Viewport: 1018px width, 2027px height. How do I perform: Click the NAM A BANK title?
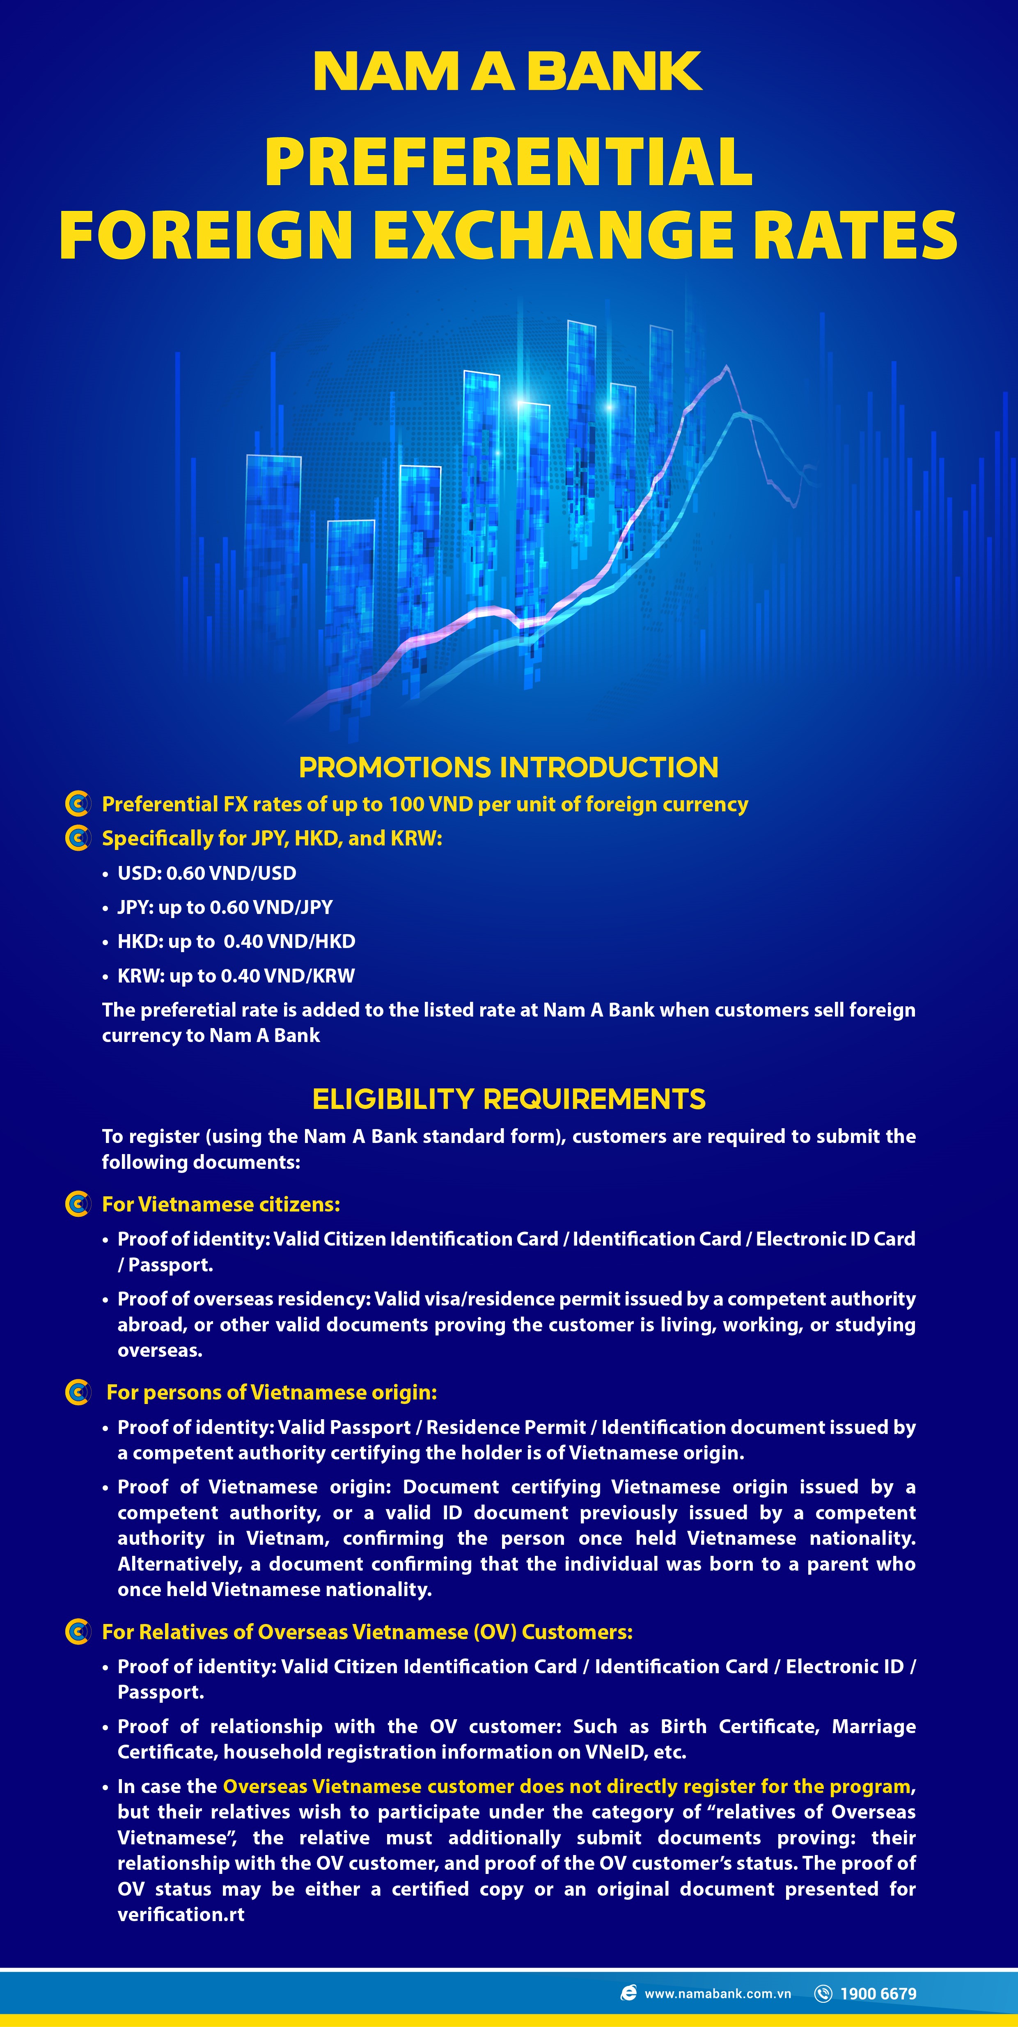tap(508, 71)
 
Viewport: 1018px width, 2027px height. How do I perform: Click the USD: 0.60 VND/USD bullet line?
tap(206, 873)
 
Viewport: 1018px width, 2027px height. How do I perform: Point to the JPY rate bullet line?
tap(225, 907)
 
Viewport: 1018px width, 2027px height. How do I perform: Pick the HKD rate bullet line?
tap(236, 941)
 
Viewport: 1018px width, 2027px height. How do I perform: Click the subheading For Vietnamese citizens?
tap(220, 1204)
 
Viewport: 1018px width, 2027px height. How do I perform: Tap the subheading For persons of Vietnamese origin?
tap(272, 1392)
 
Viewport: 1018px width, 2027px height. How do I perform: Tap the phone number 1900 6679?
tap(878, 1993)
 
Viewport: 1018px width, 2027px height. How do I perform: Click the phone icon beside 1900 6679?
tap(823, 1993)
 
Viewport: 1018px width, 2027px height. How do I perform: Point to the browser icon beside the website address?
tap(628, 1993)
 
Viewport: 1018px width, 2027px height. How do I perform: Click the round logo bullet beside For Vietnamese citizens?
tap(77, 1204)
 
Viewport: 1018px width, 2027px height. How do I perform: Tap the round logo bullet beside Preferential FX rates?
tap(77, 804)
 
